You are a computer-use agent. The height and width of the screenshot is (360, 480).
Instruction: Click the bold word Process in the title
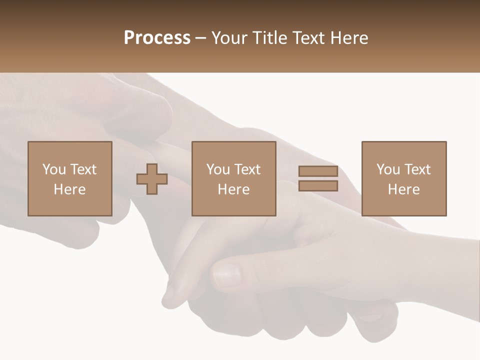[x=157, y=38]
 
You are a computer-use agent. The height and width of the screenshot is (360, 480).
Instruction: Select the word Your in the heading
[x=230, y=38]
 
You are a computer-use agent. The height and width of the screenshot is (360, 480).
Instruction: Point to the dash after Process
[x=201, y=38]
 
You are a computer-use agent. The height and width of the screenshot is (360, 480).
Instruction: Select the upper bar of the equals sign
[x=318, y=171]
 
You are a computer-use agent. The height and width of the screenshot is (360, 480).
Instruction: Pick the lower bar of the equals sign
[x=318, y=186]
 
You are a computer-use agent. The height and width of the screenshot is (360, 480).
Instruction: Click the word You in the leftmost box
[x=54, y=169]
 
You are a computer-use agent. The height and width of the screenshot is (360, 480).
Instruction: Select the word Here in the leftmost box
[x=69, y=189]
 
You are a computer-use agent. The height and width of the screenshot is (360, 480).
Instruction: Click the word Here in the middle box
[x=233, y=189]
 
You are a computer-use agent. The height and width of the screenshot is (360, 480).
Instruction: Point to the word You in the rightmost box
[x=388, y=169]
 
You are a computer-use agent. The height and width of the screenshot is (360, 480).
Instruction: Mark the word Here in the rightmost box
[x=403, y=189]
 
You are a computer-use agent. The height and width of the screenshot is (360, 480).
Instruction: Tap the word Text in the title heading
[x=304, y=38]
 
